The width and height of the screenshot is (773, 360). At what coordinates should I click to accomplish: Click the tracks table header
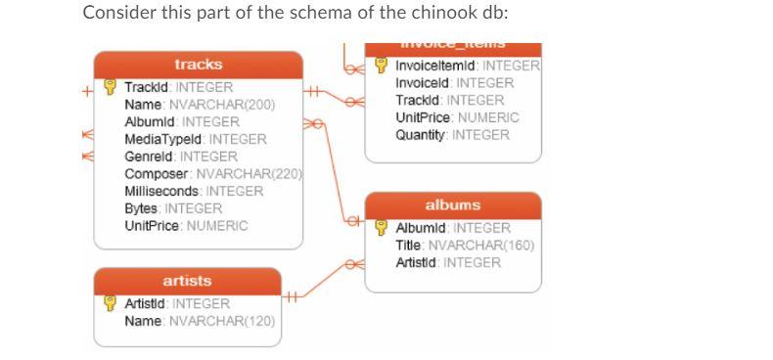(x=198, y=65)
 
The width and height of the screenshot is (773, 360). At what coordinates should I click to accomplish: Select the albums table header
(x=452, y=206)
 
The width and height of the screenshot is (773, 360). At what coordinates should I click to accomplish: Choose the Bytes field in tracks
(x=144, y=208)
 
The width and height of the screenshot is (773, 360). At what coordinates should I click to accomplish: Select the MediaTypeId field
(x=165, y=139)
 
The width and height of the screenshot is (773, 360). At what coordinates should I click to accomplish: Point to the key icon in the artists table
(x=110, y=303)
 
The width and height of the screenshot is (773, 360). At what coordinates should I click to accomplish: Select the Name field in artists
(x=145, y=321)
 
